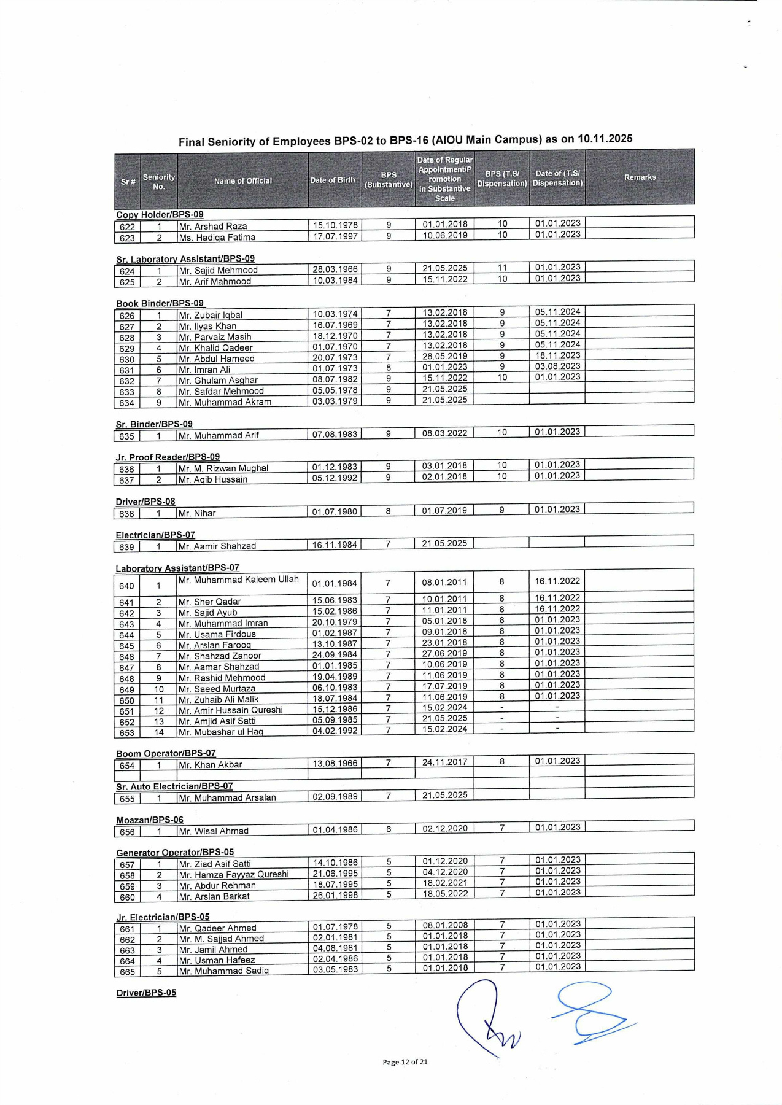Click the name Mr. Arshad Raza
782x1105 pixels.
coord(213,226)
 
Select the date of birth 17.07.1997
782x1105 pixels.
coord(335,236)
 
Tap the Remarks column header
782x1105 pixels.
coord(640,177)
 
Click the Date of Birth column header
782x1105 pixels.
coord(332,180)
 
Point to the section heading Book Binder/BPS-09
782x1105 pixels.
coord(160,303)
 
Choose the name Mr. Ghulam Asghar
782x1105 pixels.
coord(218,381)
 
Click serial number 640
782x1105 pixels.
coord(126,586)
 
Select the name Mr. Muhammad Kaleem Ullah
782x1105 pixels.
coord(239,579)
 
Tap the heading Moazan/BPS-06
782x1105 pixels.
coord(150,820)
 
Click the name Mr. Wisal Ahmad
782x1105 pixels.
coord(214,831)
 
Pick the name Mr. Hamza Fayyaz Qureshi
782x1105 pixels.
coord(234,875)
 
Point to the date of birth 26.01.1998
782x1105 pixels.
coord(335,895)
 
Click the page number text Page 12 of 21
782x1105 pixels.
coord(405,1062)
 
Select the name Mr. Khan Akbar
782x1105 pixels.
coord(211,765)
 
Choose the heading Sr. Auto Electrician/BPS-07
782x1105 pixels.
coord(174,786)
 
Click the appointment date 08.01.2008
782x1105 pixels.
coord(444,925)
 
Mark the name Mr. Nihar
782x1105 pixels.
coord(197,513)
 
